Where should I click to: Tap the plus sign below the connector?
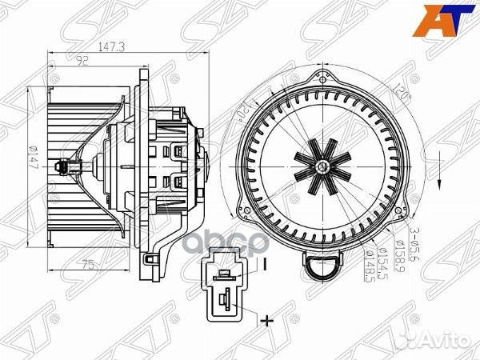(261, 322)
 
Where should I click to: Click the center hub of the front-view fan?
(321, 166)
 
